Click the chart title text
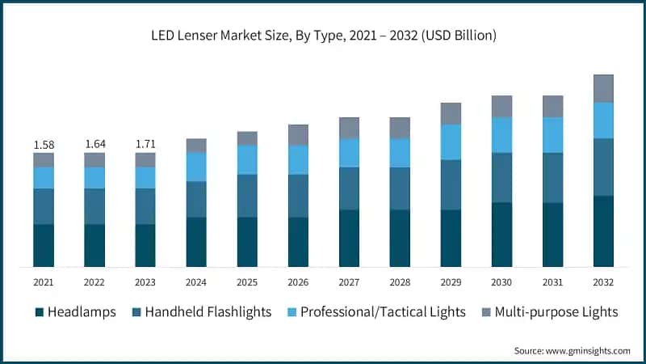point(323,36)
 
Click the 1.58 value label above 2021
point(44,145)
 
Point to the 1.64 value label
point(94,145)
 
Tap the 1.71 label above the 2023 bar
point(145,145)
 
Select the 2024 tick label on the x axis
point(196,282)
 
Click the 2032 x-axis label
point(603,282)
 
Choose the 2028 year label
point(400,282)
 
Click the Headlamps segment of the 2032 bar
point(603,231)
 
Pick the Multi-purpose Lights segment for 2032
point(603,88)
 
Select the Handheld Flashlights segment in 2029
point(451,184)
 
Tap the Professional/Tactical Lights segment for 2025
point(247,159)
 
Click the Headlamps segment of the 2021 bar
point(44,245)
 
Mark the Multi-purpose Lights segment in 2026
point(298,134)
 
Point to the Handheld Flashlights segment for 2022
point(94,206)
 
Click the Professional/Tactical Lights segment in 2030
point(501,134)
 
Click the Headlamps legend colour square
point(38,311)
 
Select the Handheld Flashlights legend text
point(208,311)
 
